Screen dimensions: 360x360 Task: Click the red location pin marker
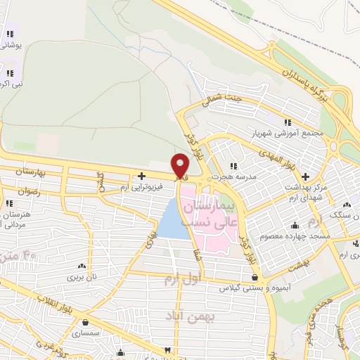pyautogui.click(x=181, y=165)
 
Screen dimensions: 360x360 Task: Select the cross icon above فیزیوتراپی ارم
pyautogui.click(x=141, y=176)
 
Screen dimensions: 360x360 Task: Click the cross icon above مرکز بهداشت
pyautogui.click(x=304, y=176)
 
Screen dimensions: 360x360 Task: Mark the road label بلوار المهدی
pyautogui.click(x=300, y=155)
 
